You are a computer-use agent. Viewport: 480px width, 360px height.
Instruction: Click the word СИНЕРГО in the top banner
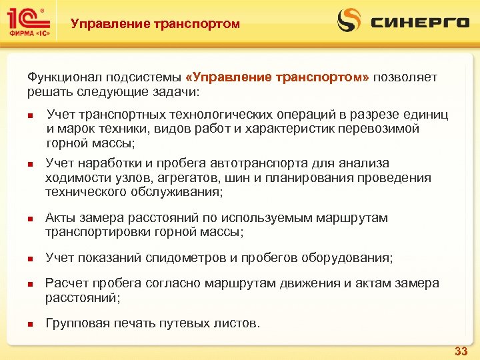tap(420, 23)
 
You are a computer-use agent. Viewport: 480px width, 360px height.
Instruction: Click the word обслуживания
tap(179, 192)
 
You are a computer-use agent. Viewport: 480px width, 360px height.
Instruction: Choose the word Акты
tap(59, 218)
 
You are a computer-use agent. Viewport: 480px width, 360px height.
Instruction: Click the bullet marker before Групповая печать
tap(30, 325)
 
